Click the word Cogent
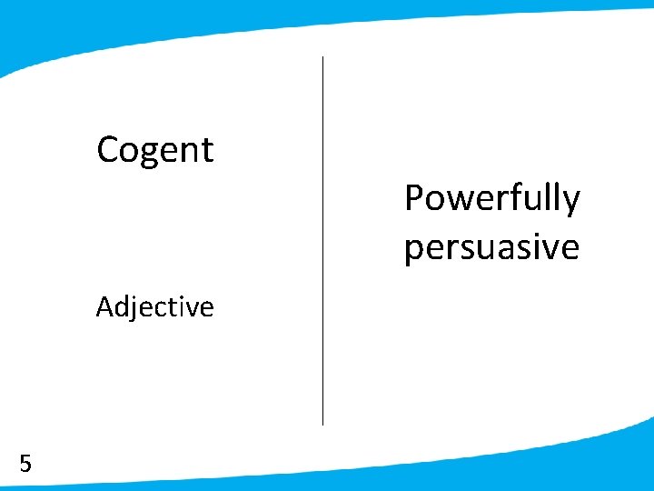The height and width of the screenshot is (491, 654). [154, 150]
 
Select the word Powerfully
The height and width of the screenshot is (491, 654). [491, 198]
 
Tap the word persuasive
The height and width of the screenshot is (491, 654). [491, 246]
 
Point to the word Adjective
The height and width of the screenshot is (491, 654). [154, 307]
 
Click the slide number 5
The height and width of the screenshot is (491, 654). [25, 464]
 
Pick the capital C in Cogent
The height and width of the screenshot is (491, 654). [108, 149]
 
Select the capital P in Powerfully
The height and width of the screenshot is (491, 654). [413, 197]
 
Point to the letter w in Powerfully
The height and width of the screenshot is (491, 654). [454, 200]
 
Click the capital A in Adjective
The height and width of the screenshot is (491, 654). [105, 307]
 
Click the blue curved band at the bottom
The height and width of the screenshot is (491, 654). [363, 478]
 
